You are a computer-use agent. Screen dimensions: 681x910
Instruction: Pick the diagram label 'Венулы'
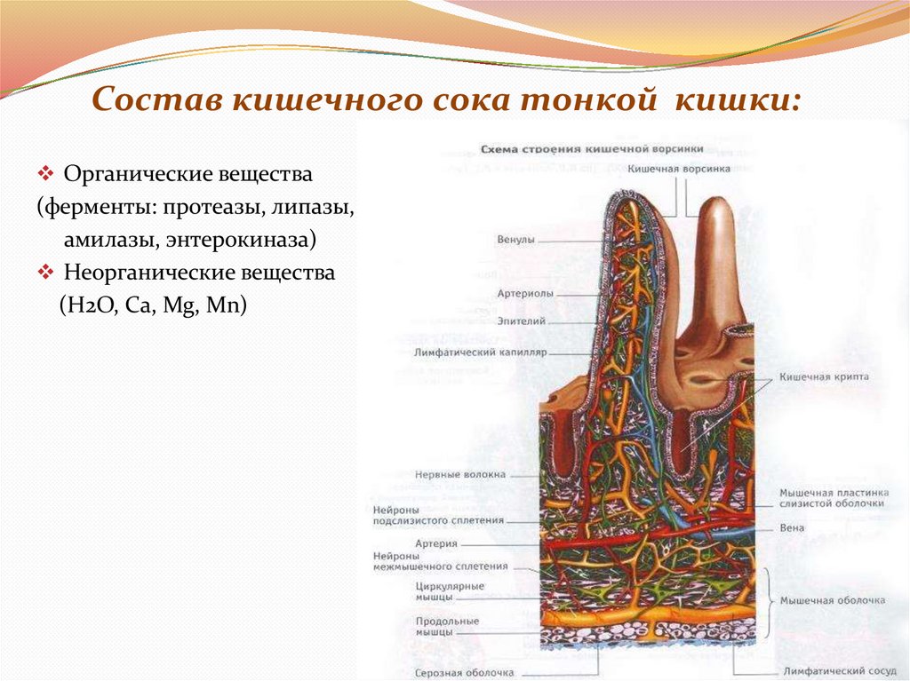pos(515,240)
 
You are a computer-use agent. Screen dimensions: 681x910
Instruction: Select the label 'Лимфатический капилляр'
pos(480,352)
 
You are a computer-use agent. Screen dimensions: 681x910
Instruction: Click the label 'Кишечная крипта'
pos(823,377)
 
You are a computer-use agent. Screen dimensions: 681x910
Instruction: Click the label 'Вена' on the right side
pos(792,527)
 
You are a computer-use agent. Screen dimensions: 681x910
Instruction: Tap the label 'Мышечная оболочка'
pos(832,601)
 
